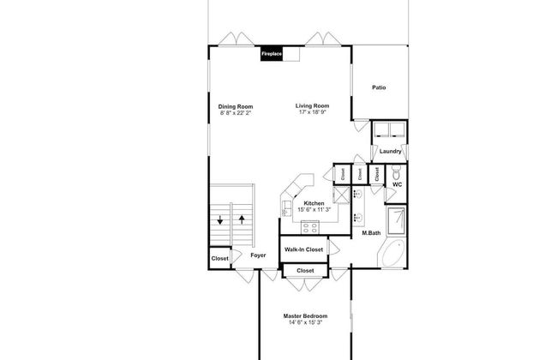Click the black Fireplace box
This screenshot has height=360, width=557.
(272, 54)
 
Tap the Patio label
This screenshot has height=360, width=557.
(379, 87)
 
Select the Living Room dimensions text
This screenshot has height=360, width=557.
(312, 112)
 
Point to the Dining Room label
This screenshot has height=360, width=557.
(236, 106)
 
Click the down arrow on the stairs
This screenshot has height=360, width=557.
(220, 220)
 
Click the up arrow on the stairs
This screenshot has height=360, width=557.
(242, 219)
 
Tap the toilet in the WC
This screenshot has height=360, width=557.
(397, 173)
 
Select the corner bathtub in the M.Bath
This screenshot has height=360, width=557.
(392, 253)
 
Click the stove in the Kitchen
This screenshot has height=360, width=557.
(309, 227)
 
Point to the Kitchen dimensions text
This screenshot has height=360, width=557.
(314, 210)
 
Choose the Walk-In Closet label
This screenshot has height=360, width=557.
(303, 249)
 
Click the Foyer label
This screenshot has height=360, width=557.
(258, 255)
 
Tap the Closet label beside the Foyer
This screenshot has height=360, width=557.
(220, 258)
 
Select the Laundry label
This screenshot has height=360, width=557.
(390, 151)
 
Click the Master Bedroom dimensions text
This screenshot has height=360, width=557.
(306, 322)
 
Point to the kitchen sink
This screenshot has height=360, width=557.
(285, 207)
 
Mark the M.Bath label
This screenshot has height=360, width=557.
(371, 233)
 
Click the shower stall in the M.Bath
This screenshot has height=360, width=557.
(397, 221)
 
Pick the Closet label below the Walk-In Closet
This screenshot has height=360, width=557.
(305, 271)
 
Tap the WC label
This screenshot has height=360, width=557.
(397, 184)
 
